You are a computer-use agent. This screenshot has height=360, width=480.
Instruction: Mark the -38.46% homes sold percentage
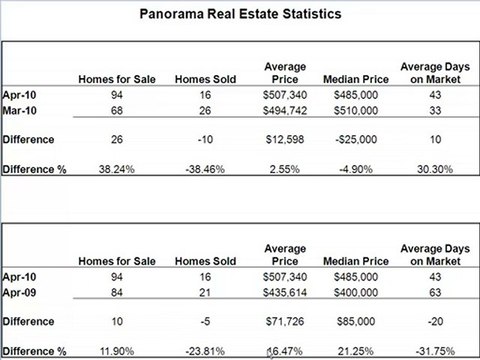tap(202, 170)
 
